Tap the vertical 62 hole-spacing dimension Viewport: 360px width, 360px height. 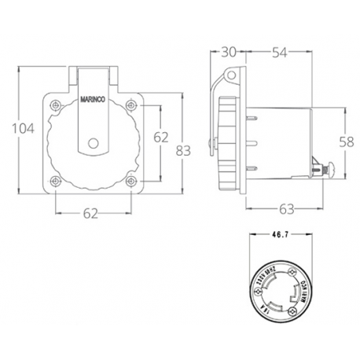coord(160,136)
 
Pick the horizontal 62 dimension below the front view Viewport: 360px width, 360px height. coord(92,212)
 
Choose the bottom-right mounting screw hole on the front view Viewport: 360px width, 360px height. coord(129,184)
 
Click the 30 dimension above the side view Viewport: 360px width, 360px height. coord(228,52)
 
